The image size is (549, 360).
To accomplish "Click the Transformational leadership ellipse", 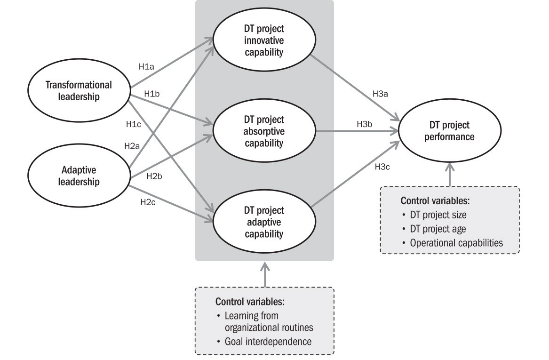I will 79,91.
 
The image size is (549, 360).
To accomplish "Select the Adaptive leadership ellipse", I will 79,175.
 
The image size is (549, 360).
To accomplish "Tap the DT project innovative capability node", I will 264,40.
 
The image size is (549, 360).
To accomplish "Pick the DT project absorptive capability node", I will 264,131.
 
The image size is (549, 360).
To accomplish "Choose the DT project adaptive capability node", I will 264,221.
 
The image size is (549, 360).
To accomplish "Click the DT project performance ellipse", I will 449,131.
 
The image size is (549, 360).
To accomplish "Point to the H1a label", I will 146,67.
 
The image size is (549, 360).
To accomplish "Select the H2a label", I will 132,146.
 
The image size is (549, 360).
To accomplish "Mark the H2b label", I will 154,176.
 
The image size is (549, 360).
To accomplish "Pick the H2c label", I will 148,202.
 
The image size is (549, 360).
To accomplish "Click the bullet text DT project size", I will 438,215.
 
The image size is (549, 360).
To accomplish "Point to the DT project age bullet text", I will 438,229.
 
